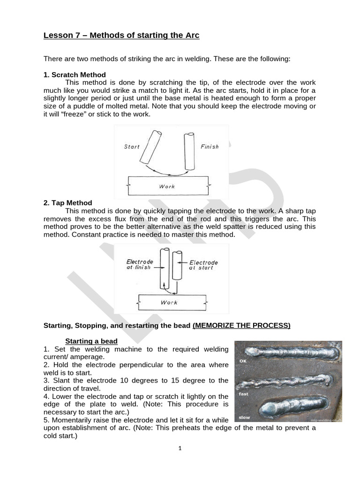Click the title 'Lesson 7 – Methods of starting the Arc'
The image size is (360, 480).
[x=121, y=36]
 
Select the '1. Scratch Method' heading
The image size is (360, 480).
[x=75, y=75]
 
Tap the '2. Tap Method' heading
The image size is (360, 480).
[x=68, y=203]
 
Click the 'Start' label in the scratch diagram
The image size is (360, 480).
[x=132, y=147]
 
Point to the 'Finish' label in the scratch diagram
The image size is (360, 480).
[x=210, y=147]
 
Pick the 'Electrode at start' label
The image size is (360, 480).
[x=203, y=265]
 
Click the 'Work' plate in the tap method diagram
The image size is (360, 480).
[x=172, y=302]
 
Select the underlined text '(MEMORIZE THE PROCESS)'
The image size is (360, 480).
[x=241, y=325]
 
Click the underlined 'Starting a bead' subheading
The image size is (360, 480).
[x=91, y=341]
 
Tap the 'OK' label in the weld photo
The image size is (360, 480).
[x=243, y=361]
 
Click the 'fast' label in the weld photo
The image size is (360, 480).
[x=243, y=394]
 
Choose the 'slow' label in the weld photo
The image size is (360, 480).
[x=244, y=417]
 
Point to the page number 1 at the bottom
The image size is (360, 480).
[x=180, y=448]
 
